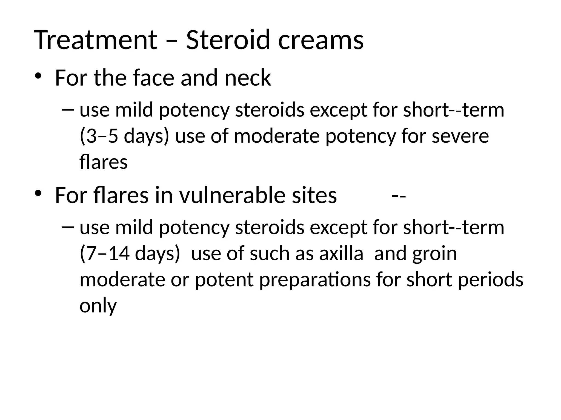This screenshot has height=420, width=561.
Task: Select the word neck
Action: [x=248, y=78]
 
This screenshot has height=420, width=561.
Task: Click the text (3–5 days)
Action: [x=124, y=136]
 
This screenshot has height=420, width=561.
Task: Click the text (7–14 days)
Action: [x=130, y=253]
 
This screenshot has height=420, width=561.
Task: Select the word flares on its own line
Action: [x=104, y=162]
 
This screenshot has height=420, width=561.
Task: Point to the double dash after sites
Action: [x=399, y=196]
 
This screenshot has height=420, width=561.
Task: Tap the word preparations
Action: [x=315, y=280]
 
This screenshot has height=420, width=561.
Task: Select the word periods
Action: [x=490, y=280]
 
